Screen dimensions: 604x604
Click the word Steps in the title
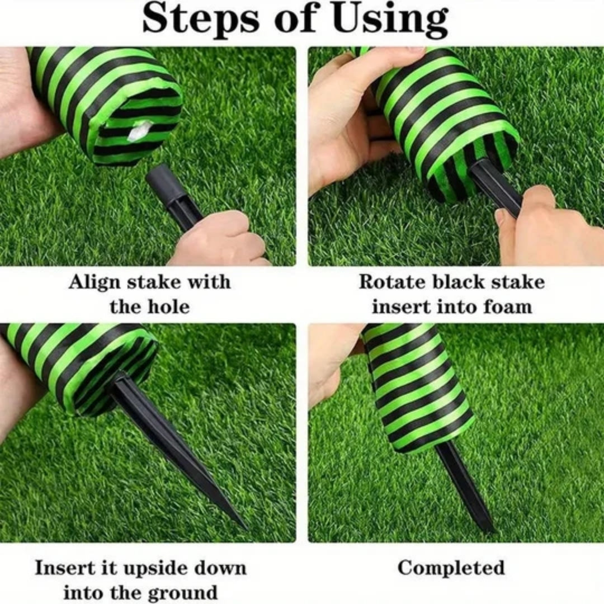(x=201, y=19)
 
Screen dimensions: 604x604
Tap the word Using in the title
(x=390, y=19)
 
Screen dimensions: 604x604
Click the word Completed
(x=451, y=568)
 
